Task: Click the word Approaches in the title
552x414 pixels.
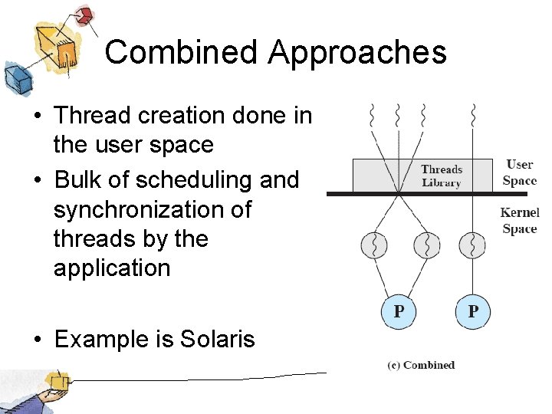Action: coord(356,53)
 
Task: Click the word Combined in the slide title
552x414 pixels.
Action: coord(182,53)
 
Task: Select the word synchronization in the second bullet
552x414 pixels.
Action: coord(152,209)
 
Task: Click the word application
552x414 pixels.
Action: coord(112,268)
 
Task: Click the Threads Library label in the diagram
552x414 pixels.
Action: coord(441,176)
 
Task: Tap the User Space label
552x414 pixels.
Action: coord(519,172)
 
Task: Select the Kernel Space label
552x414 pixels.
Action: coord(519,221)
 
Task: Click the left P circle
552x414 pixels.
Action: coord(398,312)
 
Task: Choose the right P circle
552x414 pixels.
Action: coord(472,312)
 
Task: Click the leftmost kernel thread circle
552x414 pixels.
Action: coord(375,245)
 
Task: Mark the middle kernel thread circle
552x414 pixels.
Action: coord(426,245)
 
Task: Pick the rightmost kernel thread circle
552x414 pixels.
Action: coord(472,245)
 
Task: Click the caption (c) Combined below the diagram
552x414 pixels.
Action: coord(421,365)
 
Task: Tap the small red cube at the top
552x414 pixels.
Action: coord(84,15)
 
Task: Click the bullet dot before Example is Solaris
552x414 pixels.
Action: coord(36,339)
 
